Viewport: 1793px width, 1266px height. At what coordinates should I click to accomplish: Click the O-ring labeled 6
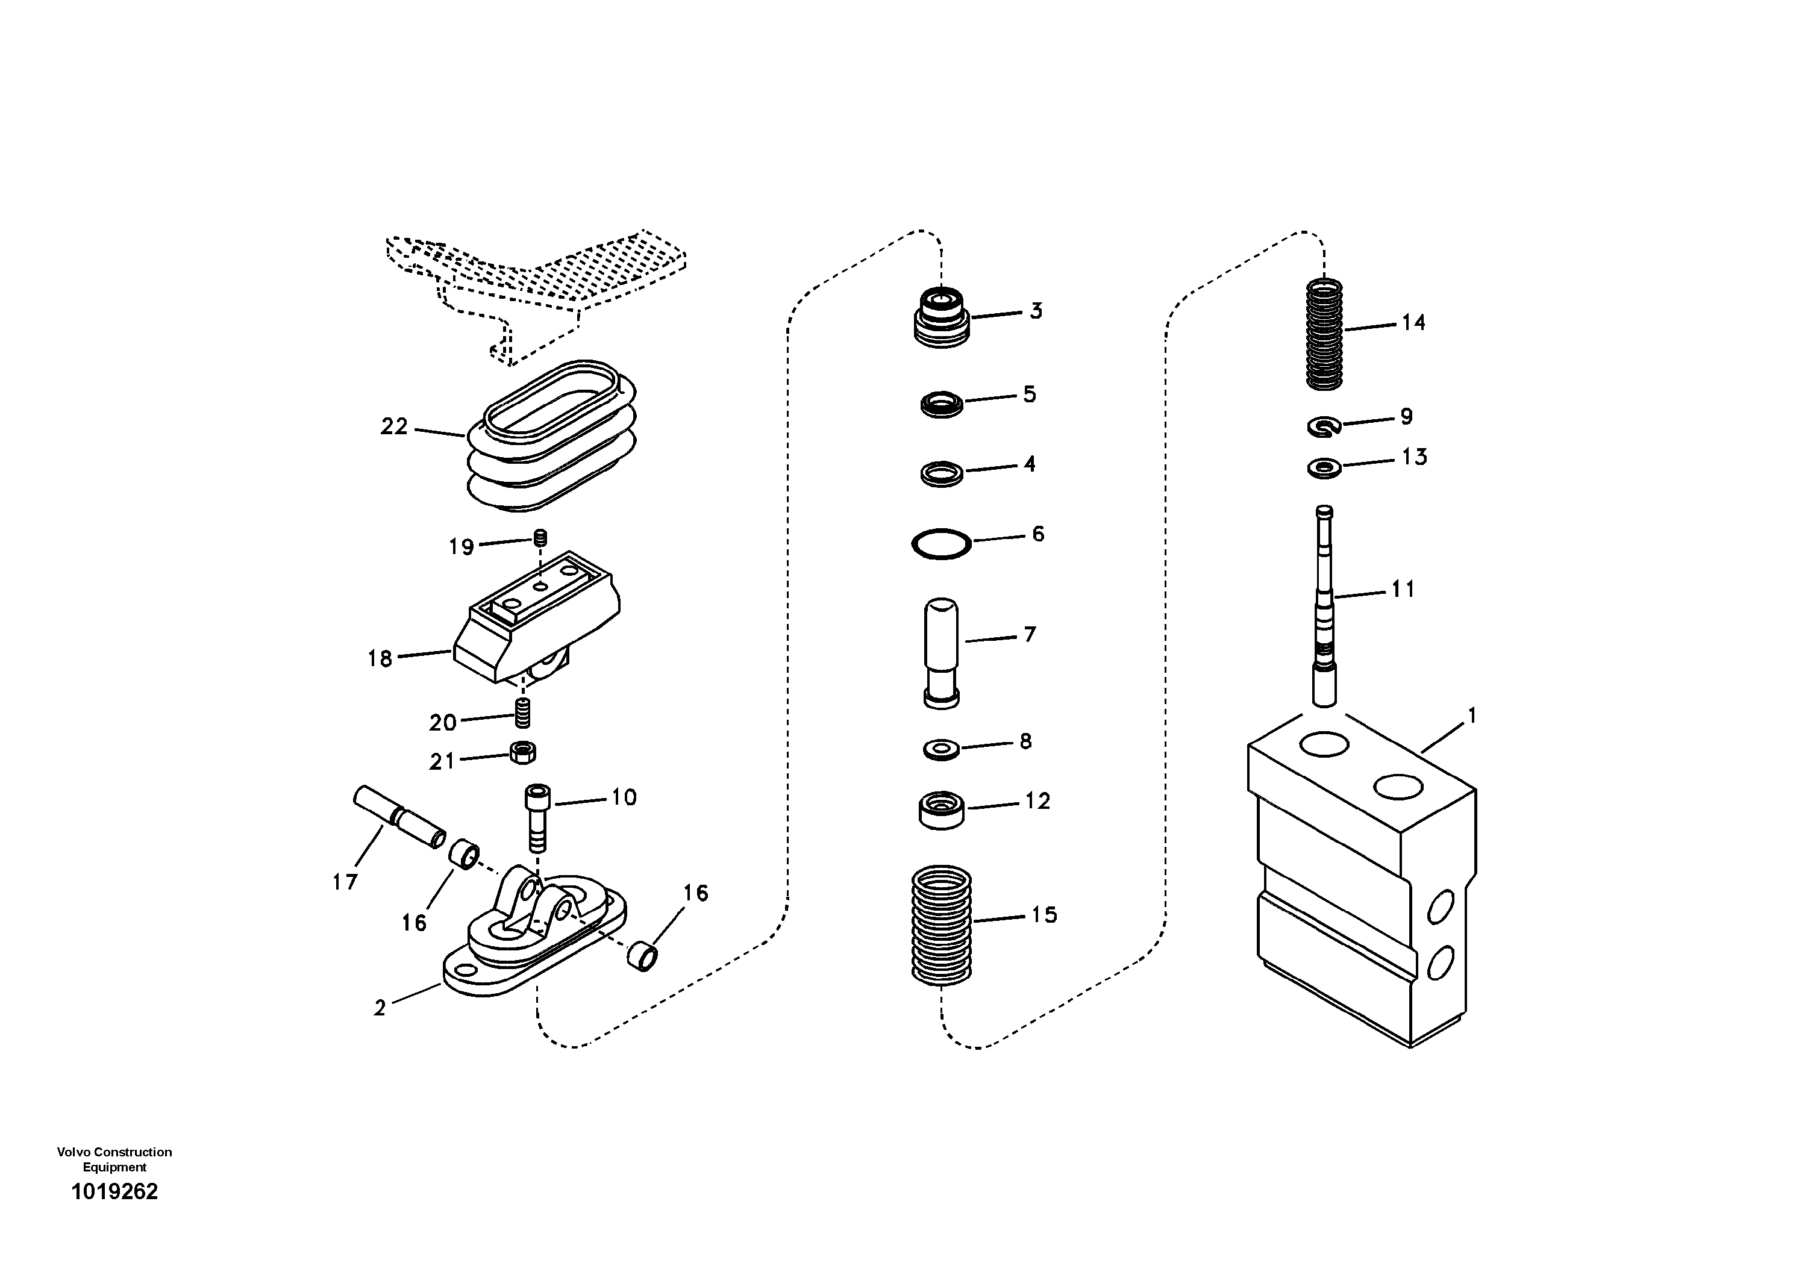941,543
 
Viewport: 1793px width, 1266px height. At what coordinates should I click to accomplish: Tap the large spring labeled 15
941,926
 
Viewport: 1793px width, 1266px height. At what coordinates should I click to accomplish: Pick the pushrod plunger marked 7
941,652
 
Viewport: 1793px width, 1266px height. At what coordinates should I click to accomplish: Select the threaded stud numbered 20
522,713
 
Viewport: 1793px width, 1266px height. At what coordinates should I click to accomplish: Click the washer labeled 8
941,750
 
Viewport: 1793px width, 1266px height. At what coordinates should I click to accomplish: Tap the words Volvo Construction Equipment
115,1159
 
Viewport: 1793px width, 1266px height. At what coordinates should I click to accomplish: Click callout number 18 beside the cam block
380,659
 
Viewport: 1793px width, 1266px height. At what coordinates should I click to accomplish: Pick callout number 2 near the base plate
380,1008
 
